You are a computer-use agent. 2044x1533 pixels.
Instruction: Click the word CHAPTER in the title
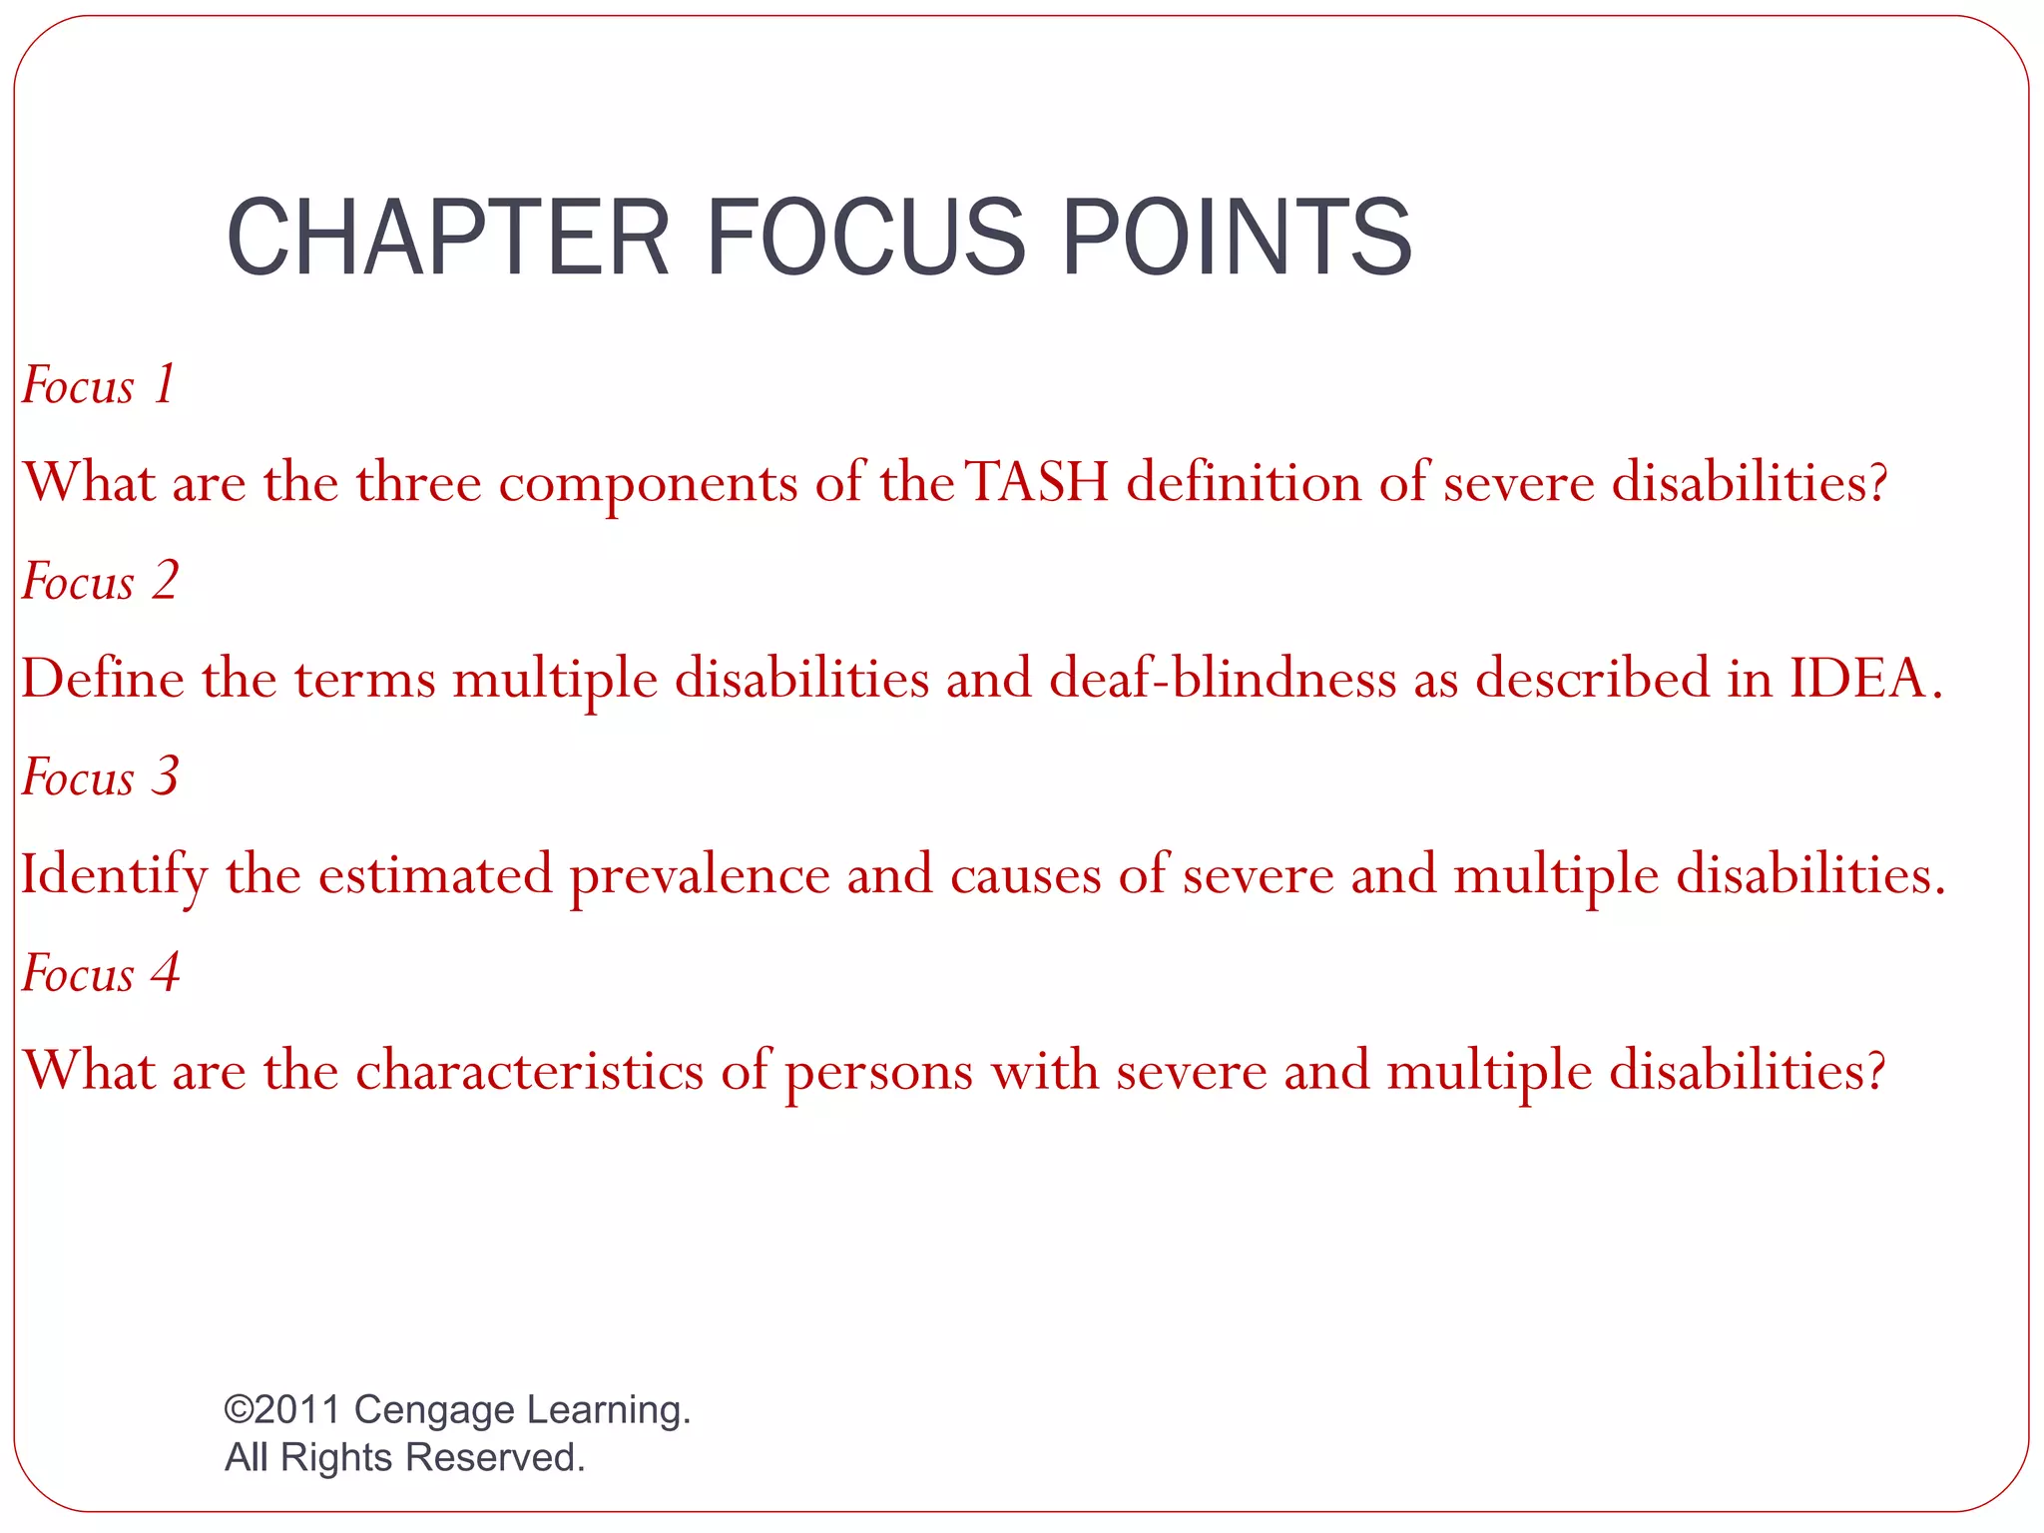tap(447, 238)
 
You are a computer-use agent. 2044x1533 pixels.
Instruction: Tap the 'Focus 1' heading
tap(99, 385)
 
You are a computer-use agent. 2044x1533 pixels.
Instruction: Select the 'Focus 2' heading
tap(100, 581)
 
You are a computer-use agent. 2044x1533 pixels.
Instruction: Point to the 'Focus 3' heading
tap(100, 776)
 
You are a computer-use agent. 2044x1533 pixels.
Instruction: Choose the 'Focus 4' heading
tap(100, 973)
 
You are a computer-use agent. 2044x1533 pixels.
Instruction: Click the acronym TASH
tap(1038, 483)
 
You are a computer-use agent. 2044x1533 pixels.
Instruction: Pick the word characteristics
tap(529, 1071)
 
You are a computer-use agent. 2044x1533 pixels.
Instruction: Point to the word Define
tap(103, 679)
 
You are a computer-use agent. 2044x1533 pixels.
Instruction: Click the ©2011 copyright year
tap(283, 1409)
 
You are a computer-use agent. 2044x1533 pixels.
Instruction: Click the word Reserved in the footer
tap(495, 1457)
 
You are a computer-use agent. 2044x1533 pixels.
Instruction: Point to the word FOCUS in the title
tap(865, 238)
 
